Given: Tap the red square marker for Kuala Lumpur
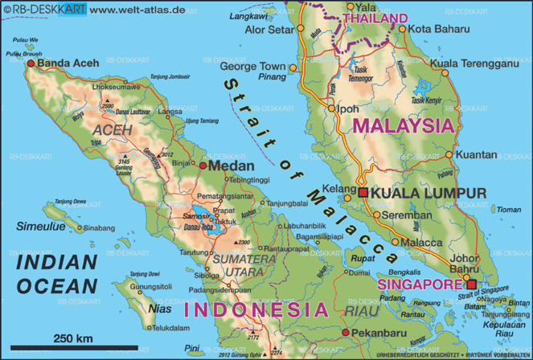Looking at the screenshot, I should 363,193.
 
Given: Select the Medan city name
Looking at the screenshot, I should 232,166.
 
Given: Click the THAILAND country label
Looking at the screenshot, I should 375,18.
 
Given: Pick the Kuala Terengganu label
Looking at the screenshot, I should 477,63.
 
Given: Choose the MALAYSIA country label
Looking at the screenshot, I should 403,125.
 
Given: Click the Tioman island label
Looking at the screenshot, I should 509,210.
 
